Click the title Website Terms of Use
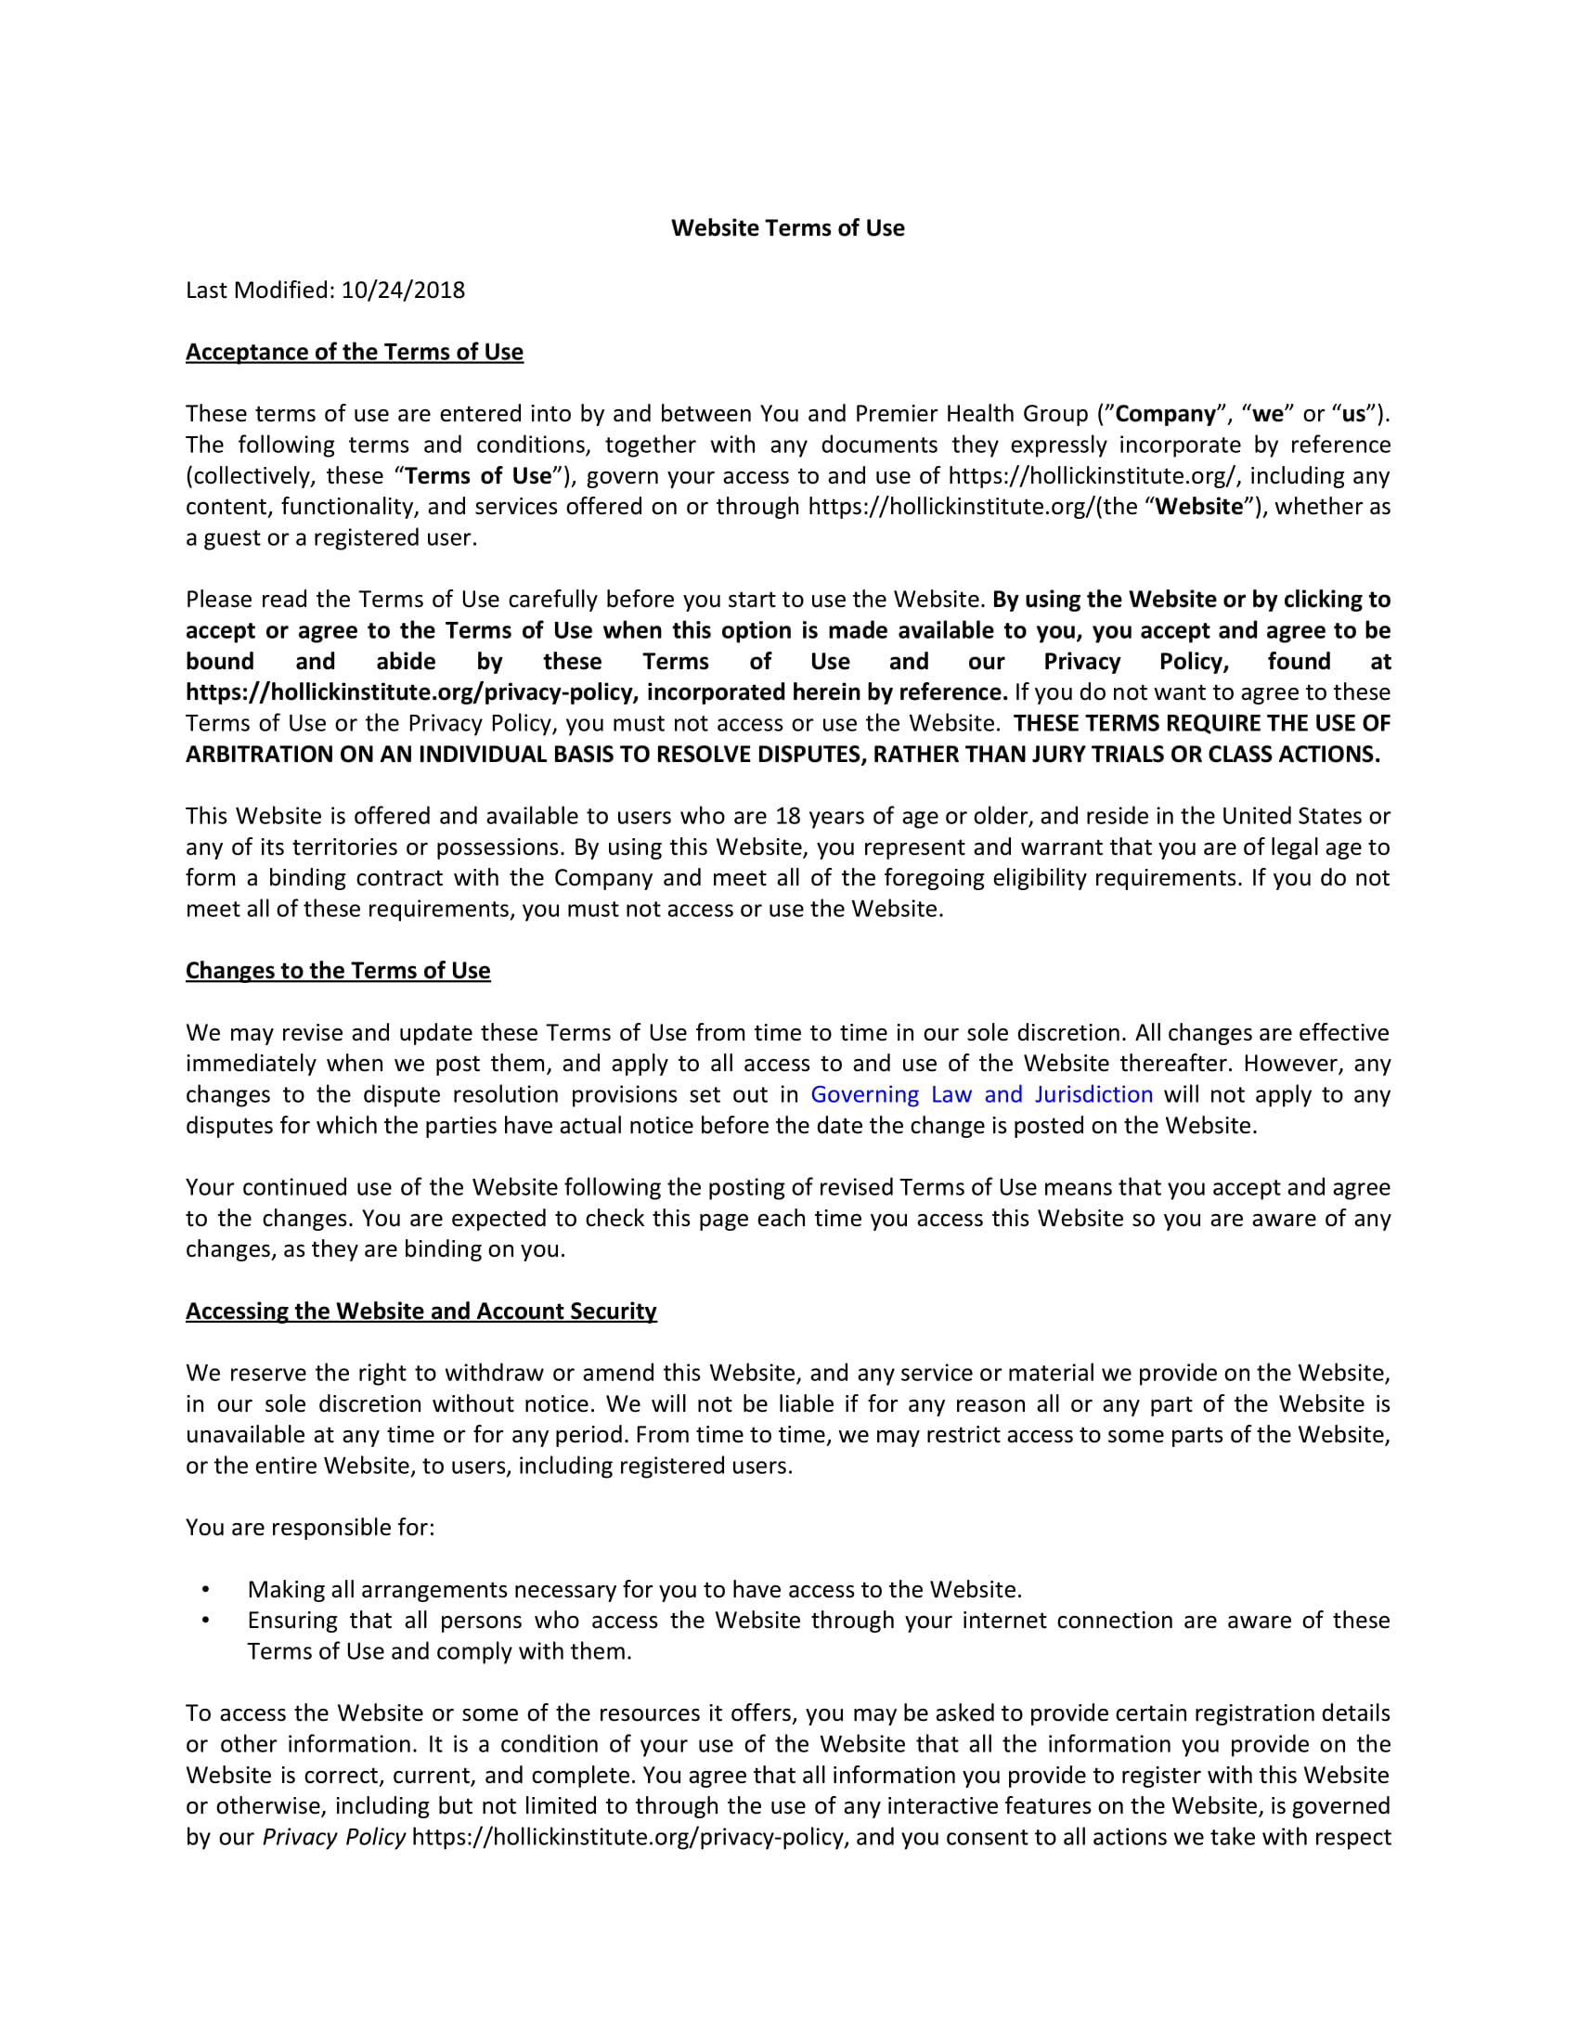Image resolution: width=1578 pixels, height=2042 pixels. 787,228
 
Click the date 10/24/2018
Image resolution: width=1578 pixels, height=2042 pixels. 403,290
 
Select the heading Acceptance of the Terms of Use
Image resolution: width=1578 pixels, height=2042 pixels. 355,352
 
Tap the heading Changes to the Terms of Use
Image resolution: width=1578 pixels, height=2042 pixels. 338,971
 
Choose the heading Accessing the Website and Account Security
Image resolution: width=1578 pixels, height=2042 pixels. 420,1311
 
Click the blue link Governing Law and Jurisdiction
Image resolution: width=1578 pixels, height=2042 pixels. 980,1094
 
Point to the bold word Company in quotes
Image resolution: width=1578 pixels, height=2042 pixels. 1165,413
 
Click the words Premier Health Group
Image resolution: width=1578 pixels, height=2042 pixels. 971,413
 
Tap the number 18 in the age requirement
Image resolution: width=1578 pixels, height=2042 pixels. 788,816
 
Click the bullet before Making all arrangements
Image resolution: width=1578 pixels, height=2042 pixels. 206,1589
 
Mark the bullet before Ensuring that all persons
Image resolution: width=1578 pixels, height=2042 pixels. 206,1621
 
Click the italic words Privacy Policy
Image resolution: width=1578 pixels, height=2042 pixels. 334,1837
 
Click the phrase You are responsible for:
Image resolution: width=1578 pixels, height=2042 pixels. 309,1528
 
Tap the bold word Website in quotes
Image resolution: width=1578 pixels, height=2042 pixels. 1198,507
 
